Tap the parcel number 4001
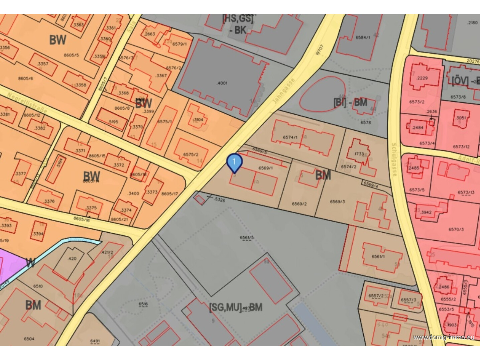pos(222,83)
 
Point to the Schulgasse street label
pos(394,159)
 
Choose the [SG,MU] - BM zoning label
pos(235,307)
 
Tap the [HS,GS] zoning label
pos(238,19)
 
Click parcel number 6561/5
pos(247,238)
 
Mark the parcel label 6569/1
pos(265,168)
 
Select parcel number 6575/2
pos(191,154)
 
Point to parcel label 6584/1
pos(363,37)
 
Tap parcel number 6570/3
pos(456,229)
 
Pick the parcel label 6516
pos(143,304)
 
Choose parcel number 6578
pos(366,122)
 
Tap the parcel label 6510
pos(38,286)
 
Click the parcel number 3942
pos(426,212)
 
